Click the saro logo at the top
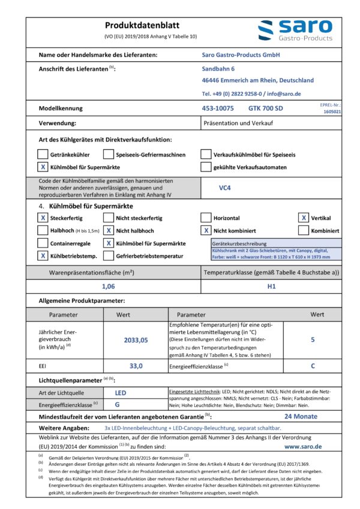(295, 31)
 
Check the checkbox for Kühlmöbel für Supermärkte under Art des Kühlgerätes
(43, 167)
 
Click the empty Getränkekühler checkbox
(43, 154)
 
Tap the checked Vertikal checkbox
(304, 218)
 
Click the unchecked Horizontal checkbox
(206, 218)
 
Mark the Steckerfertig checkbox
(43, 218)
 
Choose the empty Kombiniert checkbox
(304, 231)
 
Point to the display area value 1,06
(109, 287)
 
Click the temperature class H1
(271, 287)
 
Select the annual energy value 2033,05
(136, 339)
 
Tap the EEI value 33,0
(136, 365)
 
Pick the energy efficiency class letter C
(313, 365)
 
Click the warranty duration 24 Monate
(301, 416)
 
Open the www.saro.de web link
(303, 447)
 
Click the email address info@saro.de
(284, 94)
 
